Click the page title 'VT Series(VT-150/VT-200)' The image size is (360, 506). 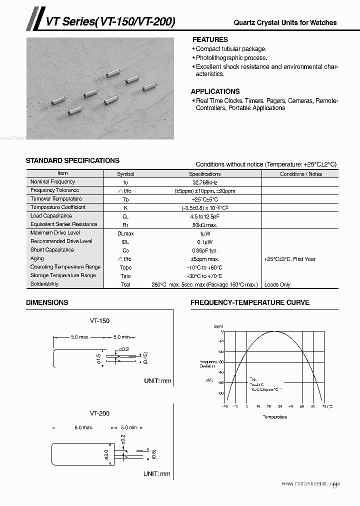tap(110, 21)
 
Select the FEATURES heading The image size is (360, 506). tap(210, 39)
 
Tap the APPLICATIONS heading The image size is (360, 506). tap(215, 91)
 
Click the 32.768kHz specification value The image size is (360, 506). tap(205, 182)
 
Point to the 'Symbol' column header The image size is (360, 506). tap(125, 174)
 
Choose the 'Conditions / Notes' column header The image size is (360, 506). tap(300, 174)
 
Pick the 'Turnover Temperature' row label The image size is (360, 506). tap(56, 199)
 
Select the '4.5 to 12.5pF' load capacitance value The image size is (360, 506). tap(205, 216)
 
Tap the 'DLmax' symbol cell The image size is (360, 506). tap(125, 233)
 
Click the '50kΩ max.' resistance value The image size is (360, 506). tap(205, 225)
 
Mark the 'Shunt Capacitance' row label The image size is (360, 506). tap(52, 250)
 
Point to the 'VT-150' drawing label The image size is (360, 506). tap(99, 321)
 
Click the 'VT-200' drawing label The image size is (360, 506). tap(99, 413)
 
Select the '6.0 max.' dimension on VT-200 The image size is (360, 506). tap(83, 428)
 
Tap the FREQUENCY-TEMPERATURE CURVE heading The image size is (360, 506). tap(249, 302)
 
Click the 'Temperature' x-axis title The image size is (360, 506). tap(274, 416)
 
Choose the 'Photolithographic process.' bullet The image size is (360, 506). tap(231, 58)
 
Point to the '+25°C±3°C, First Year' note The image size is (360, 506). tap(290, 259)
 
